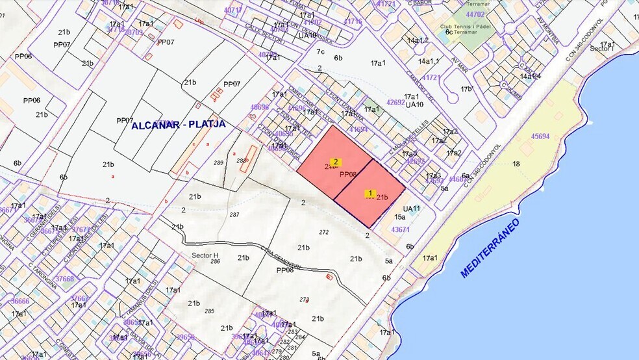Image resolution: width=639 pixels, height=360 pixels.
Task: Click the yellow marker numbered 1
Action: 370,193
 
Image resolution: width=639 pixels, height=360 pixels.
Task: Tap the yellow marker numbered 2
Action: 336,162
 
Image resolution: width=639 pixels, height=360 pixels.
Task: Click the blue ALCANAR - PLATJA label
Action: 179,125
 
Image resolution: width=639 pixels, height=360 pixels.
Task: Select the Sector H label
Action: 205,255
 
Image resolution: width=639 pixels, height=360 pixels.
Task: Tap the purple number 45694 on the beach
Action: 540,136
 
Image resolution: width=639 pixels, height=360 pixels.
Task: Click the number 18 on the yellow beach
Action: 516,164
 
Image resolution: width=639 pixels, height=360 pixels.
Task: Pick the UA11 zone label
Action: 412,209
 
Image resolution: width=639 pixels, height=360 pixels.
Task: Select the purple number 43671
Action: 401,229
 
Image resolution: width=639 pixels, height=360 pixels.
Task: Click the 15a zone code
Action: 400,218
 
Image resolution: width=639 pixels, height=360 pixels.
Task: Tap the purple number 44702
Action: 475,14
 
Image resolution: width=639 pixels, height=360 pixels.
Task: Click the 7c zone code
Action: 320,51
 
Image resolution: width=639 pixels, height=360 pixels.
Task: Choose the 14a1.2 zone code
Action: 418,40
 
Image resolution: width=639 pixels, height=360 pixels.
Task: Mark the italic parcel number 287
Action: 234,214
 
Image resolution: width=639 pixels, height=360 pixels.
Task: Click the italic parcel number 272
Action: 323,232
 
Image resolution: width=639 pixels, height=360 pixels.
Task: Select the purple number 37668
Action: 64,279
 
